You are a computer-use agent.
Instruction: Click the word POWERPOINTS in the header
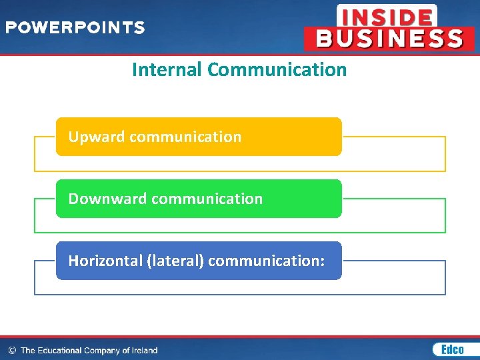(x=75, y=28)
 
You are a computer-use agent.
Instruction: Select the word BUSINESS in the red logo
(x=389, y=38)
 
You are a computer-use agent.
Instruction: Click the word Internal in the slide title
(x=167, y=69)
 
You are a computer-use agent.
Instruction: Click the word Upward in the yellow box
(x=97, y=137)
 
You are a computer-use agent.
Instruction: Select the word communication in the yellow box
(x=185, y=137)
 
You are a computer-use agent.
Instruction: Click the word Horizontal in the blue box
(x=105, y=261)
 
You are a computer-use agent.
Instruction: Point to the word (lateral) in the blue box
(x=174, y=261)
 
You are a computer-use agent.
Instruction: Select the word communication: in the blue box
(x=267, y=261)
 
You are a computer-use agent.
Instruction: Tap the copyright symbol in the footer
(x=11, y=350)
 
